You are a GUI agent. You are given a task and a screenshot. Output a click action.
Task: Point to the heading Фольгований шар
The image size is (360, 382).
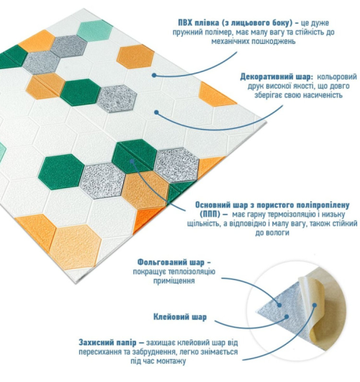tap(171, 262)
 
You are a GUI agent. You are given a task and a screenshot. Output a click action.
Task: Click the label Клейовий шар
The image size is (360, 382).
tap(180, 317)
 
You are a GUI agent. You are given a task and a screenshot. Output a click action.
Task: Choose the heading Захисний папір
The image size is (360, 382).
tap(107, 343)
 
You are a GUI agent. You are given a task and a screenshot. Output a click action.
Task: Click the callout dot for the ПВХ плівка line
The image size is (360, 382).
tap(154, 75)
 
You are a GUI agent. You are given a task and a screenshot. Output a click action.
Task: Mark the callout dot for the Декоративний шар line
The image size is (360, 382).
tap(157, 112)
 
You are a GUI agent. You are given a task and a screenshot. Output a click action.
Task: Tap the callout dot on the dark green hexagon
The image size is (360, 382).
tap(132, 161)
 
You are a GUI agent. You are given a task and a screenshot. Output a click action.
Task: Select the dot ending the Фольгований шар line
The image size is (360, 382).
tap(279, 305)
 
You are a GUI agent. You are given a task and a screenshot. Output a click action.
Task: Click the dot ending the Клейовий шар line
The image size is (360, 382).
tap(287, 316)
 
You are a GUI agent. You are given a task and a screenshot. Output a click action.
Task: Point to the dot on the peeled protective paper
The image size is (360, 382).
tap(315, 305)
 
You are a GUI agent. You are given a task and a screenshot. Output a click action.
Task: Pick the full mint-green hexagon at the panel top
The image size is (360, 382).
tap(95, 31)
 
